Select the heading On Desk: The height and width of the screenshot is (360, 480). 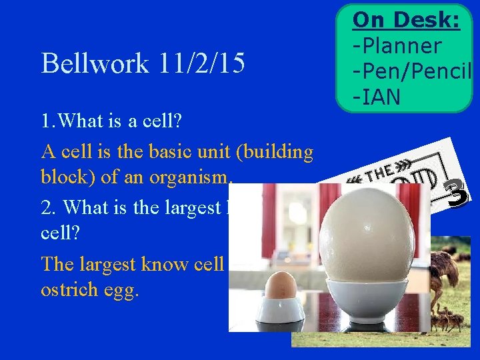405,21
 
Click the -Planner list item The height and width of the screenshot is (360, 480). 397,46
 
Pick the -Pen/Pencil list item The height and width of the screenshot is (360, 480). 412,72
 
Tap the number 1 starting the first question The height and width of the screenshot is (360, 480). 45,123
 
